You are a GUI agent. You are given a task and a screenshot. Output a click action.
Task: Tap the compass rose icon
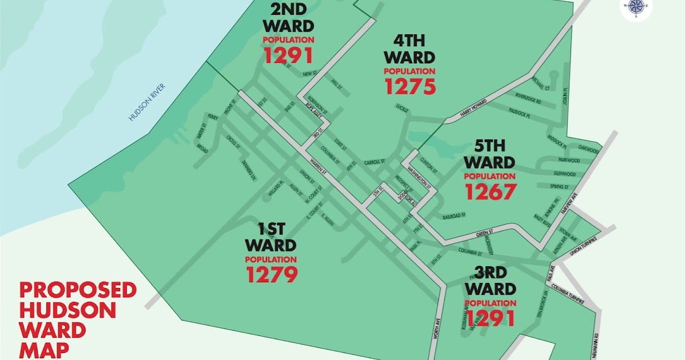(x=636, y=7)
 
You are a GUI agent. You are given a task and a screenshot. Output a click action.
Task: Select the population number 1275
(x=410, y=86)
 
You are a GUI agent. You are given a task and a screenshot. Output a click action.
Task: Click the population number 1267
(x=490, y=192)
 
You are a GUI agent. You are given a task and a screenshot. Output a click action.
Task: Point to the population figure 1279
(x=272, y=275)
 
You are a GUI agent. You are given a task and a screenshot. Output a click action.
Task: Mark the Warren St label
(x=316, y=164)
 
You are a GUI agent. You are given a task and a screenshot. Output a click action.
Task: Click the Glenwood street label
(x=566, y=173)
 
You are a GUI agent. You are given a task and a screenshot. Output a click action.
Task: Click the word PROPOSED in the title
(x=78, y=290)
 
